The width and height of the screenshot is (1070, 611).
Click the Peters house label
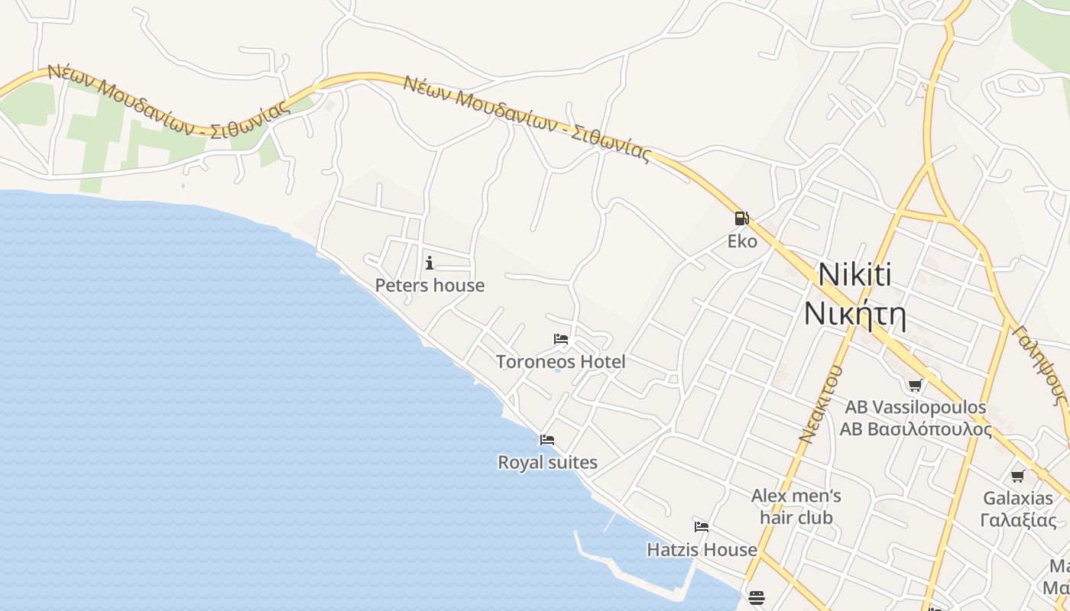pyautogui.click(x=430, y=286)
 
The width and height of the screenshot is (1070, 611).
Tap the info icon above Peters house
pyautogui.click(x=430, y=263)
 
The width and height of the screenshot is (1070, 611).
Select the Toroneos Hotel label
pyautogui.click(x=561, y=362)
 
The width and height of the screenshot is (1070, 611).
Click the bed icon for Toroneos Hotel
pyautogui.click(x=561, y=339)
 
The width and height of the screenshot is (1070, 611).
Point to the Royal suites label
pyautogui.click(x=547, y=463)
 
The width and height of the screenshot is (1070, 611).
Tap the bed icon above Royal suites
pyautogui.click(x=547, y=440)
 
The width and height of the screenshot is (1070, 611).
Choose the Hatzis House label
pyautogui.click(x=702, y=550)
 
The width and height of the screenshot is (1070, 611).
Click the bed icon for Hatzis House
pyautogui.click(x=702, y=527)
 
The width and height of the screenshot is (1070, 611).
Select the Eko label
pyautogui.click(x=742, y=242)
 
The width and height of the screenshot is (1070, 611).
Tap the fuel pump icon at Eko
pyautogui.click(x=741, y=218)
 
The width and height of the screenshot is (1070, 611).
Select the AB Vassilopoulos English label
pyautogui.click(x=916, y=408)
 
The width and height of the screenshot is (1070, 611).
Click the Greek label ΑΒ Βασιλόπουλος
pyautogui.click(x=916, y=429)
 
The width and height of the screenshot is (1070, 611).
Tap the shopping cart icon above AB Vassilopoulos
pyautogui.click(x=915, y=385)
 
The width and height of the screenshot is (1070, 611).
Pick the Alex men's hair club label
pyautogui.click(x=796, y=506)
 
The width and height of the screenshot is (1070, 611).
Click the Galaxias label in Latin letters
pyautogui.click(x=1018, y=499)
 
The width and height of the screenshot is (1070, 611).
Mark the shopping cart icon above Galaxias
pyautogui.click(x=1018, y=477)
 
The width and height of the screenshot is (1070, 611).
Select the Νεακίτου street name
pyautogui.click(x=821, y=404)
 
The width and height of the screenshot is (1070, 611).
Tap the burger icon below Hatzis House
pyautogui.click(x=757, y=596)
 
